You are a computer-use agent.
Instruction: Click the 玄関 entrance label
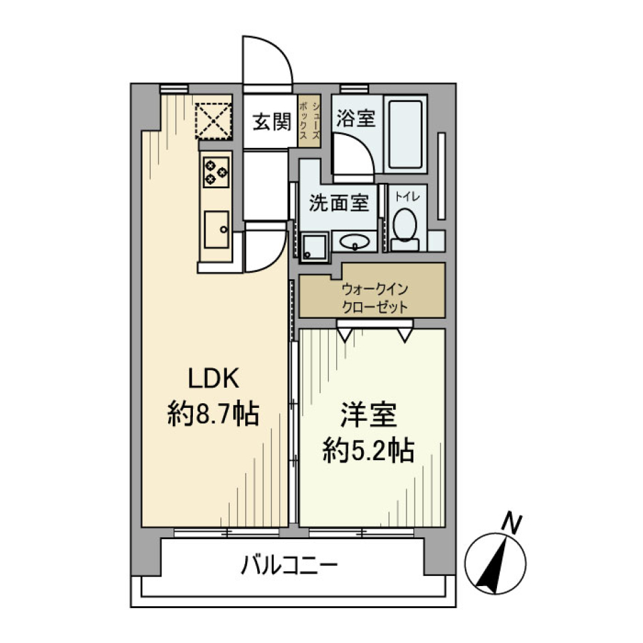271,122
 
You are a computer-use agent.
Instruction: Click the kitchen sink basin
216,228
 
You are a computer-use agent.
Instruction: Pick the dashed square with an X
214,119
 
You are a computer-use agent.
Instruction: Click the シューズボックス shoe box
309,121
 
